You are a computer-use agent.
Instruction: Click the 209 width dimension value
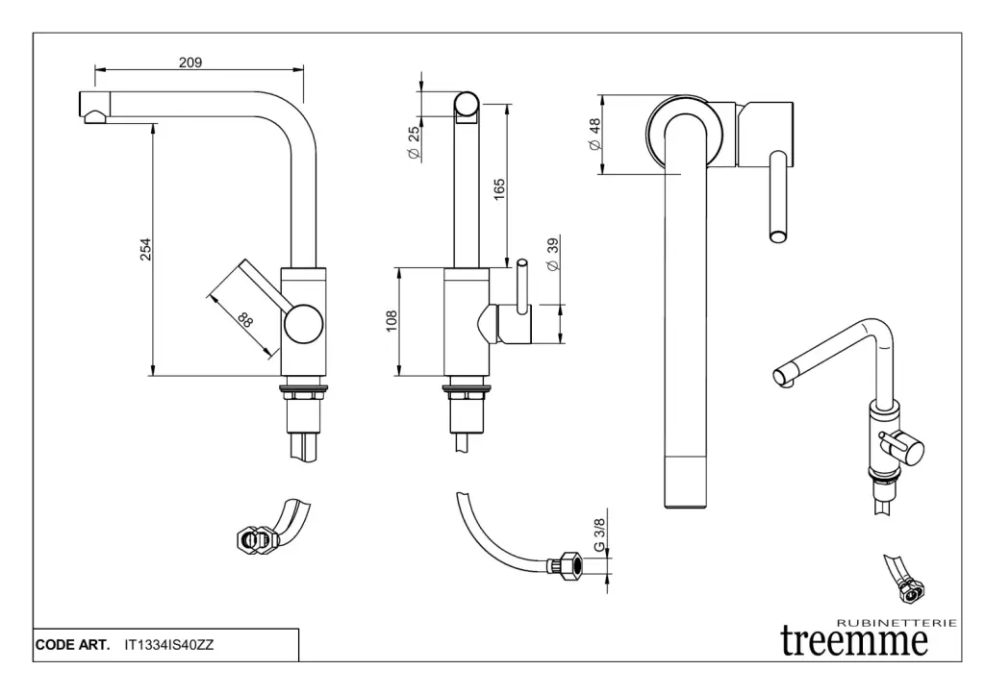coord(190,62)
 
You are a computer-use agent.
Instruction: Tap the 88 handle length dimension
coord(244,320)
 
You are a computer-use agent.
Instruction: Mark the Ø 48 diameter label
coord(594,135)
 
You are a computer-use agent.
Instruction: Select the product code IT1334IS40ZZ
coord(169,646)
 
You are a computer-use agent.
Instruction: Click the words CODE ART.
coord(71,646)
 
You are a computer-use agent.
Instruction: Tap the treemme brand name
coord(854,640)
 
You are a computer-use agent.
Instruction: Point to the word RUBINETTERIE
coord(897,622)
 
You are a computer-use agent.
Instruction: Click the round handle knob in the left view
coord(303,324)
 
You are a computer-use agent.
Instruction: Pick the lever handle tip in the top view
coord(778,233)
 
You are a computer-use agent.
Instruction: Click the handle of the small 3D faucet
coord(903,445)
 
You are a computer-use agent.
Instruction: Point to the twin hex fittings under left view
coord(253,540)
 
